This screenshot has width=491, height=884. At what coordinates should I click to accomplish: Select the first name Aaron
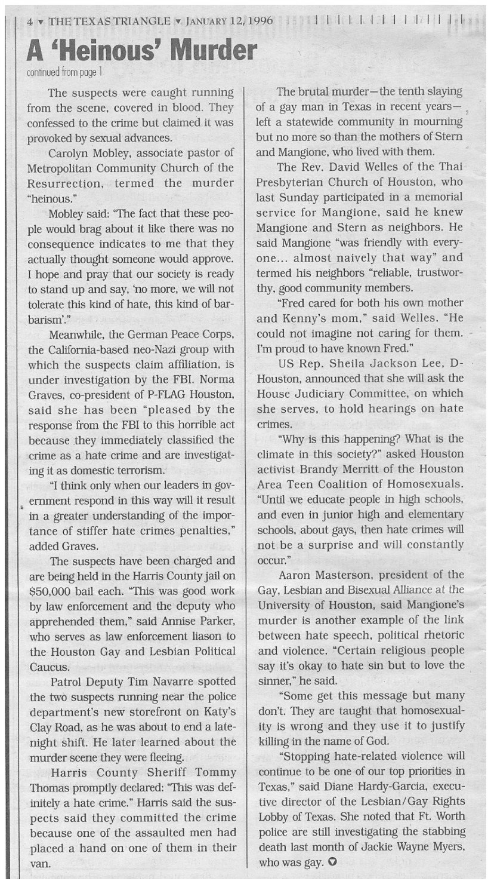[x=299, y=575]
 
